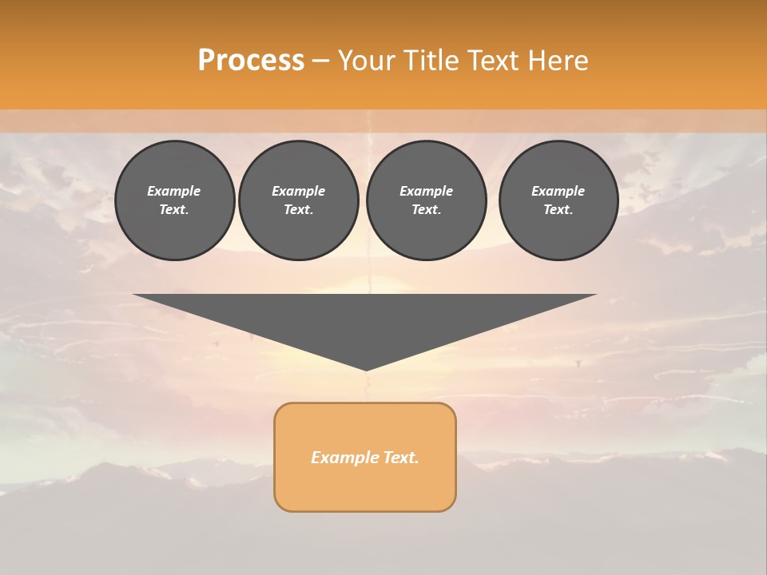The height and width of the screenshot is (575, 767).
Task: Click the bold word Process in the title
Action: point(251,61)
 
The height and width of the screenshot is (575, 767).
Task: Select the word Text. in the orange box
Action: point(399,458)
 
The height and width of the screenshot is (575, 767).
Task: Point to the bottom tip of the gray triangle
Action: point(366,368)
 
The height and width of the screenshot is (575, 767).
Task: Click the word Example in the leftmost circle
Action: point(174,191)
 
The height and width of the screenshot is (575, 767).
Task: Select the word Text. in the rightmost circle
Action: point(558,209)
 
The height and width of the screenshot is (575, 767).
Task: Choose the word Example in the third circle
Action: point(427,191)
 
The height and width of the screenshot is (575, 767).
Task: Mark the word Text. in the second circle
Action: point(299,209)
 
